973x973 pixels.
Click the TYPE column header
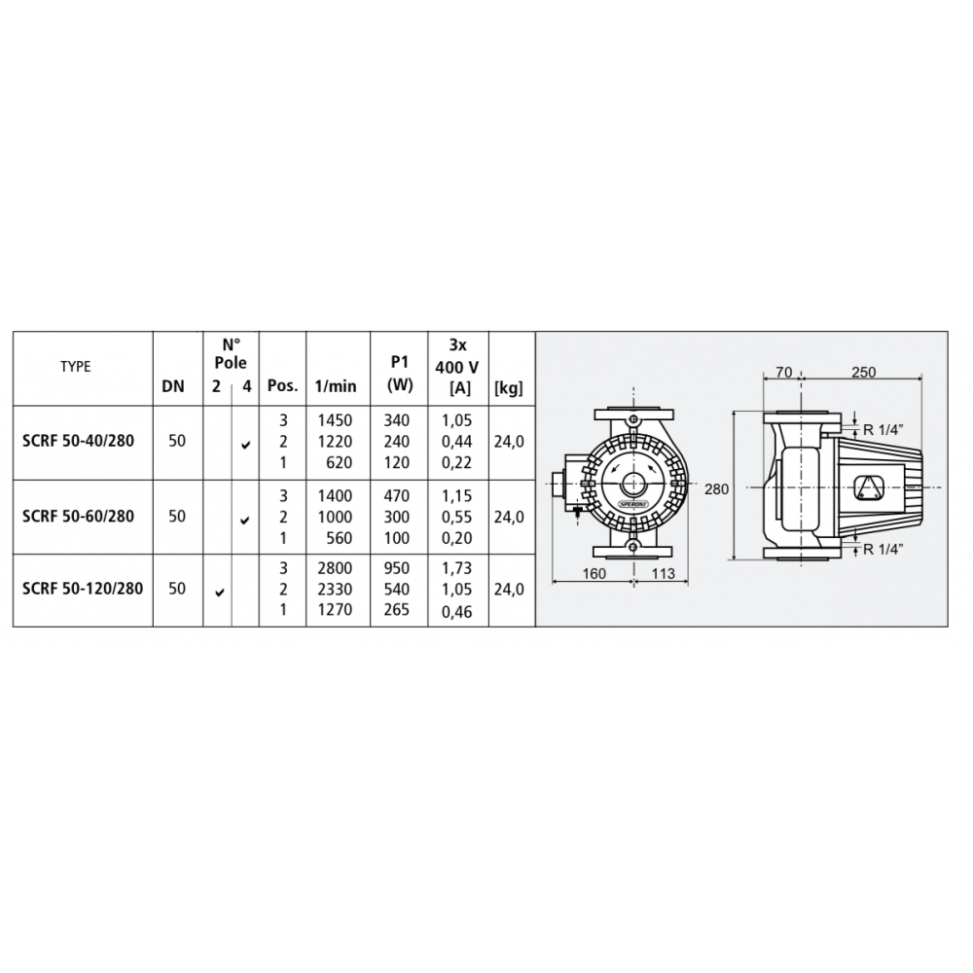pos(76,367)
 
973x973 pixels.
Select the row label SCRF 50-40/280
pos(78,441)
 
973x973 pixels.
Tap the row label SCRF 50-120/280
pos(83,589)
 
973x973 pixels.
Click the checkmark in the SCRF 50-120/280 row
pos(219,593)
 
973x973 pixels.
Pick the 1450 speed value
pos(335,420)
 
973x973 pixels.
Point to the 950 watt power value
pos(397,568)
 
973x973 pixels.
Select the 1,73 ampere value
pos(456,568)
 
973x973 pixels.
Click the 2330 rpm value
pos(335,590)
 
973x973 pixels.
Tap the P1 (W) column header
pos(400,376)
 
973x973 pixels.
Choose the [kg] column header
pos(509,388)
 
